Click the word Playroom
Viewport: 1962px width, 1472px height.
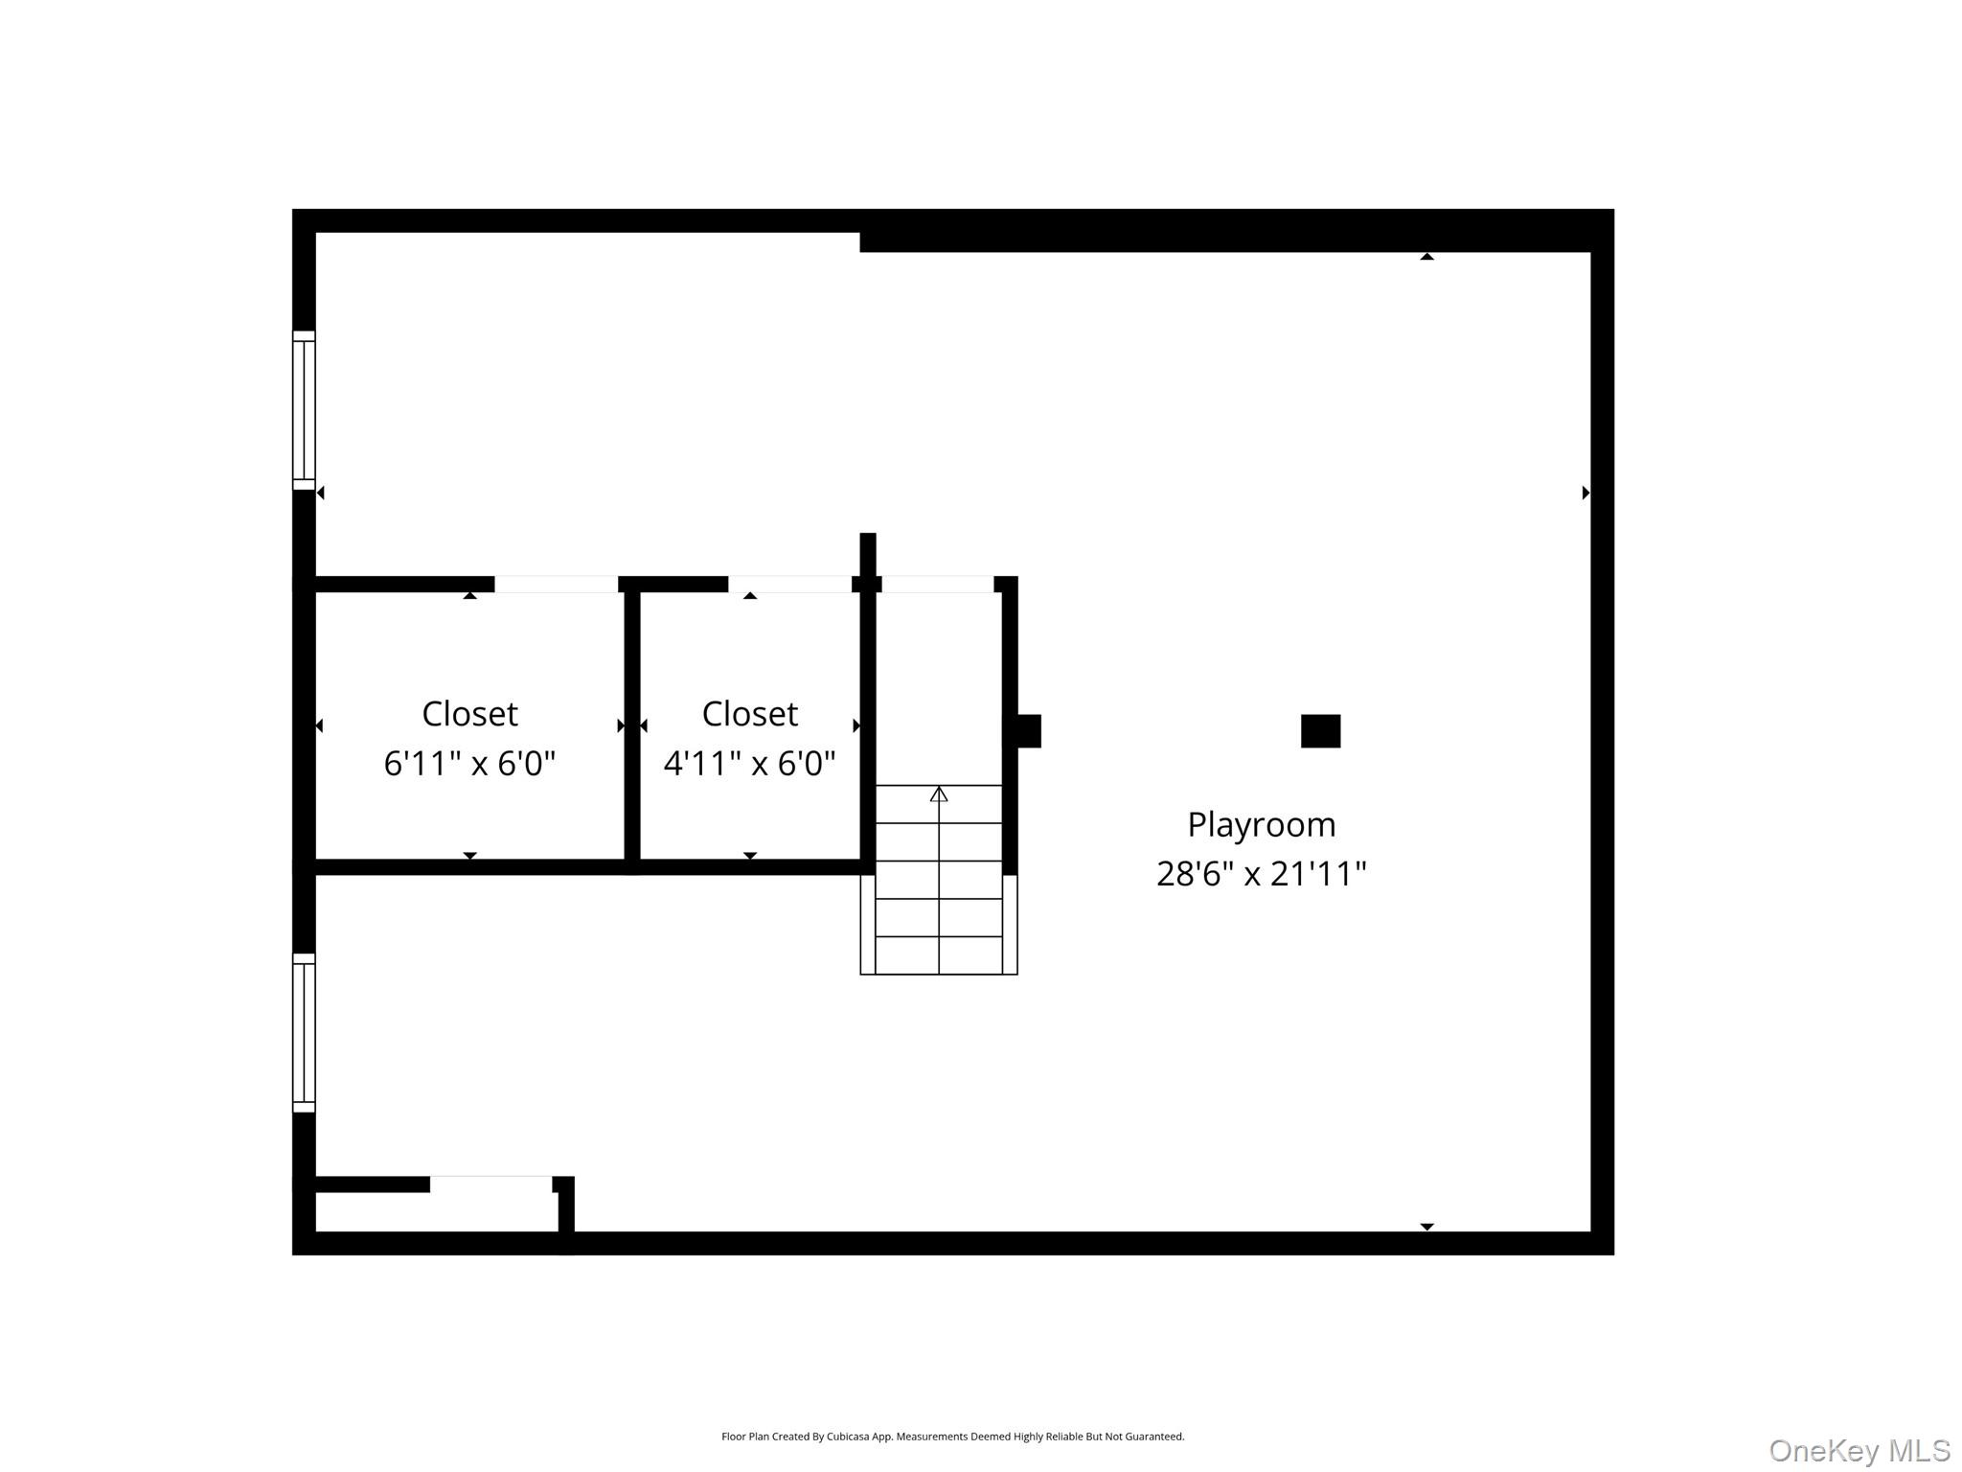tap(1261, 824)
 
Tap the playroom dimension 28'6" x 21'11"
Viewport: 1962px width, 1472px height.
tap(1261, 874)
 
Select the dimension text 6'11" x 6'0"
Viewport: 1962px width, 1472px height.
tap(469, 764)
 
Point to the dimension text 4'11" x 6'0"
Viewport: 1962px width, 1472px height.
tap(749, 764)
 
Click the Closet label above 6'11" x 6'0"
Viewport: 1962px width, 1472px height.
tap(469, 714)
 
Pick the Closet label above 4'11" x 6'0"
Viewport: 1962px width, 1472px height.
tap(749, 714)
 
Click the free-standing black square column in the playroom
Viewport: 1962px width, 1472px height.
tap(1320, 731)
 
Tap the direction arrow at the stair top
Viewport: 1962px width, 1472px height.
tap(939, 793)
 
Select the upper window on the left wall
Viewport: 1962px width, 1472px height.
tap(304, 410)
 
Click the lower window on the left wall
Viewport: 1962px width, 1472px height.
tap(304, 1033)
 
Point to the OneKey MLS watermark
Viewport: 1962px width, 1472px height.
tap(1859, 1450)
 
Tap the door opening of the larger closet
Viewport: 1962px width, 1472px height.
tap(556, 584)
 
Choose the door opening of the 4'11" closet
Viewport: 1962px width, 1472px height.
tap(789, 584)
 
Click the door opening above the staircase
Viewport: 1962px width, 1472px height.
tap(937, 584)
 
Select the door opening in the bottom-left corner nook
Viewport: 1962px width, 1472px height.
tap(490, 1184)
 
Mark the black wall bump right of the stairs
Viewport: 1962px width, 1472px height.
tap(1027, 731)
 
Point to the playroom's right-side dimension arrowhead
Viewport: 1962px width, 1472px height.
tap(1586, 493)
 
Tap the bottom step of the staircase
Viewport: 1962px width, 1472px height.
tap(939, 955)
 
